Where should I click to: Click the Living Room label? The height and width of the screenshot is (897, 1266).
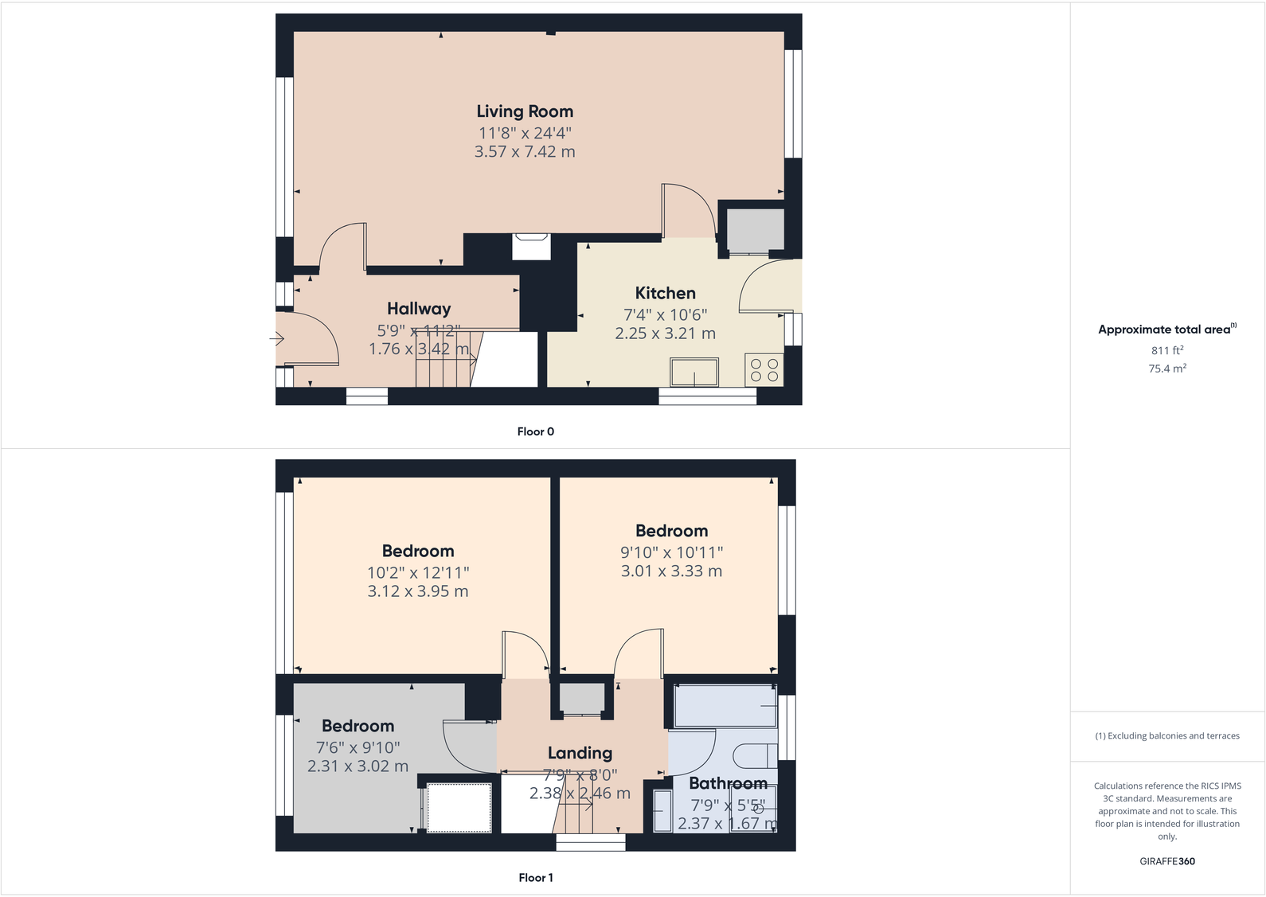pyautogui.click(x=525, y=111)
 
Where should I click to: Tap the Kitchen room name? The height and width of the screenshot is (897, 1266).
pyautogui.click(x=665, y=293)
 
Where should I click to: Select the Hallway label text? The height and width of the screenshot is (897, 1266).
pyautogui.click(x=419, y=309)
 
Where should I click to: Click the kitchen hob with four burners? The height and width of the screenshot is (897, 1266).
pyautogui.click(x=764, y=370)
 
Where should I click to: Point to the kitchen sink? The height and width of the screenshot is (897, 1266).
pyautogui.click(x=694, y=372)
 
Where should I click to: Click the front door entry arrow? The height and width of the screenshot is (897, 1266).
pyautogui.click(x=277, y=339)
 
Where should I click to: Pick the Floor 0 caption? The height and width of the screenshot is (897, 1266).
pyautogui.click(x=535, y=431)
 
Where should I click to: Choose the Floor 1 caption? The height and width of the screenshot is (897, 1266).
pyautogui.click(x=535, y=877)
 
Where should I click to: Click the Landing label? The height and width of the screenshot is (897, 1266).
pyautogui.click(x=580, y=753)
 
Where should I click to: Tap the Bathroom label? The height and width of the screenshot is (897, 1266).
pyautogui.click(x=728, y=783)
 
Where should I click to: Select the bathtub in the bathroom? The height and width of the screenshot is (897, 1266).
pyautogui.click(x=725, y=706)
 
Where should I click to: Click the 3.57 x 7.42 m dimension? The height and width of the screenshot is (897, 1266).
pyautogui.click(x=525, y=151)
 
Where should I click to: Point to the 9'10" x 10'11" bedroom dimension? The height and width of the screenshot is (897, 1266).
pyautogui.click(x=671, y=552)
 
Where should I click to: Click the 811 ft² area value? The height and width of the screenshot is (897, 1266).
pyautogui.click(x=1167, y=350)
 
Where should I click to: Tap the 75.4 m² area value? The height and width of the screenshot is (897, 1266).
pyautogui.click(x=1167, y=369)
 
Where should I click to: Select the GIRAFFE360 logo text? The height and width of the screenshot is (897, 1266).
pyautogui.click(x=1167, y=861)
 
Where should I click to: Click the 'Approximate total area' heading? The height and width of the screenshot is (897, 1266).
pyautogui.click(x=1164, y=330)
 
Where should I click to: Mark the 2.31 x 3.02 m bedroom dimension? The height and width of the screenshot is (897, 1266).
pyautogui.click(x=358, y=766)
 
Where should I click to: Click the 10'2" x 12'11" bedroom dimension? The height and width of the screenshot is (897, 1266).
pyautogui.click(x=418, y=572)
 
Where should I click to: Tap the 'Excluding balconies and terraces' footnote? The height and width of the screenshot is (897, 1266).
pyautogui.click(x=1167, y=736)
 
